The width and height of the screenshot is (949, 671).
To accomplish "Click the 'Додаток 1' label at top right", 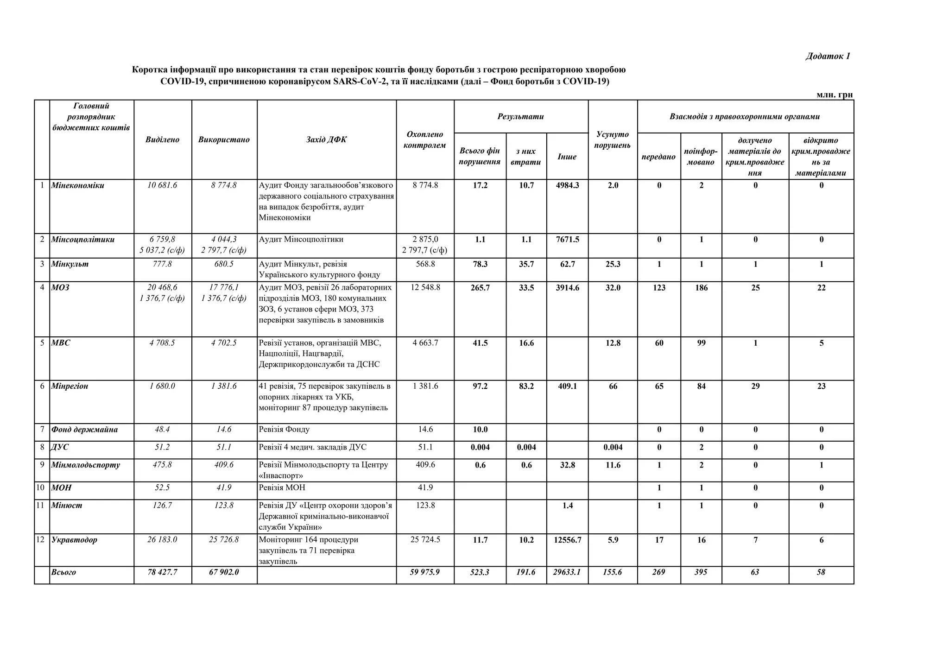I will coord(828,57).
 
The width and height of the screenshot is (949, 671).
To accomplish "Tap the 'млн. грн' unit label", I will coord(834,95).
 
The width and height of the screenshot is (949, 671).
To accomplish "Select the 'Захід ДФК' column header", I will coord(326,139).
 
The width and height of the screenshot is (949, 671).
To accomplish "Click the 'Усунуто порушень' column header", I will coord(612,139).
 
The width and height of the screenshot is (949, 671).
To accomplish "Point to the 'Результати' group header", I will coord(520,116).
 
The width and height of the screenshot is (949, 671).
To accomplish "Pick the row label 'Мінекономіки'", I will coord(77,185).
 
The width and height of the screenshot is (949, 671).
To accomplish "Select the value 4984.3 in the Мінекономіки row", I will coord(567,185).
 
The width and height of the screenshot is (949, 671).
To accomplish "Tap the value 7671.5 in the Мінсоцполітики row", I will coord(567,240).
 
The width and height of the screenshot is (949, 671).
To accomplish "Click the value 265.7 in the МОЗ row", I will coord(480,288).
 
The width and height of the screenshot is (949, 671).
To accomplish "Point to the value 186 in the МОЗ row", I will coord(701,288).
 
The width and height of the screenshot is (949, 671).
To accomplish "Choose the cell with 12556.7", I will coord(567,540).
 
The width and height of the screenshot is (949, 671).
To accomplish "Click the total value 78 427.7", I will coord(162,572).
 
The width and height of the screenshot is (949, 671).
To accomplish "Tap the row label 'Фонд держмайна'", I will coord(84,430).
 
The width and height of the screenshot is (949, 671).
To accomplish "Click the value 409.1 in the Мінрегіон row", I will coord(567,386).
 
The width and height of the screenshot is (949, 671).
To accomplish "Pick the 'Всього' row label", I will coord(63,572).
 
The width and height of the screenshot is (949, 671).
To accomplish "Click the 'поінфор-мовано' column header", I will coord(701,157).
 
